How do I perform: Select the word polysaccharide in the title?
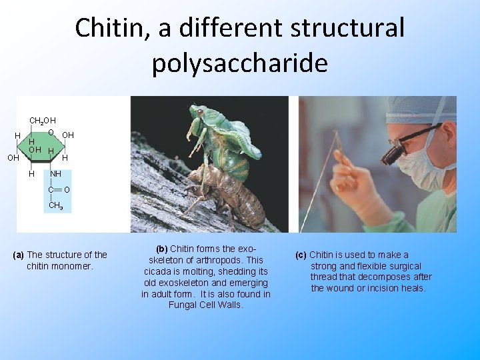239,63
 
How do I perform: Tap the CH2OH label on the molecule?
43,121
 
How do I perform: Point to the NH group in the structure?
55,174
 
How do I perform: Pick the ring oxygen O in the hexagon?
51,132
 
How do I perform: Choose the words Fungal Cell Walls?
206,305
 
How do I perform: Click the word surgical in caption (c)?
403,266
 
